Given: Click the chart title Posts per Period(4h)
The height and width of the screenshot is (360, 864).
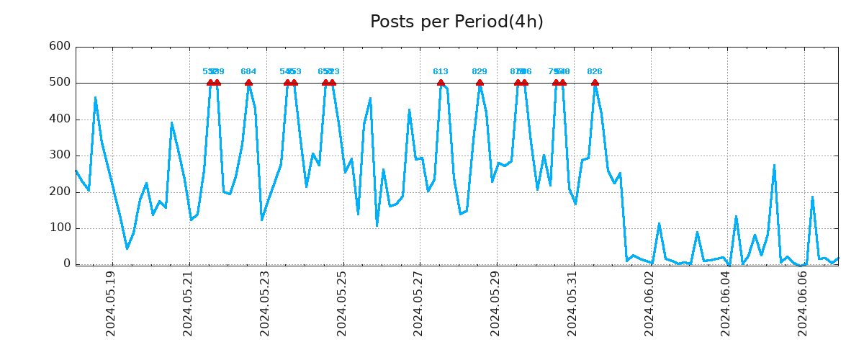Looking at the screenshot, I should (456, 22).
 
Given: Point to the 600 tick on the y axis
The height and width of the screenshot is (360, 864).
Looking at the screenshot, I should (59, 46).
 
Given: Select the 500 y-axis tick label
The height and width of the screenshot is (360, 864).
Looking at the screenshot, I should (59, 83).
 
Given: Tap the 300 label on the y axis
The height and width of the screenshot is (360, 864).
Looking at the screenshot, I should (59, 156).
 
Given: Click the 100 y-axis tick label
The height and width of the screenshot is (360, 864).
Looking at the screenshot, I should (59, 228).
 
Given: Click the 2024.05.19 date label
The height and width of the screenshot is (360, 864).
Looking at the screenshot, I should (111, 303).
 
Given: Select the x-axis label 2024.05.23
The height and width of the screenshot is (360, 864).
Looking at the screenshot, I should (265, 303).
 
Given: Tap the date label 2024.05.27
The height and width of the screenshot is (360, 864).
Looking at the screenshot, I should (419, 303).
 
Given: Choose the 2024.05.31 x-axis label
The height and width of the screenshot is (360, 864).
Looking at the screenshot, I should (573, 303).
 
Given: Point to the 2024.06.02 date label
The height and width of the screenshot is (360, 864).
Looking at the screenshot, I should (649, 303).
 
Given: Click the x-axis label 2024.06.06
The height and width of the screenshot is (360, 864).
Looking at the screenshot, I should (804, 303).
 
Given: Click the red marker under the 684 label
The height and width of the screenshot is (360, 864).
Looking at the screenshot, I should (248, 83).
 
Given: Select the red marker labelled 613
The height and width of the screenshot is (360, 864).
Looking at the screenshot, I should (441, 83).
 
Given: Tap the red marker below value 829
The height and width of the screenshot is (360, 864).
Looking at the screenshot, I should (480, 83).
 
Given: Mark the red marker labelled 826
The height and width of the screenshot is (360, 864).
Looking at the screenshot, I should (595, 83).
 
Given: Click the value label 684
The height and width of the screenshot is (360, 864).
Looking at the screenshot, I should (248, 72).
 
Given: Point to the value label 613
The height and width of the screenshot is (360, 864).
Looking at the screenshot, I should (441, 72).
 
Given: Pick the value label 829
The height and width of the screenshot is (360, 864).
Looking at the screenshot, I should (480, 72).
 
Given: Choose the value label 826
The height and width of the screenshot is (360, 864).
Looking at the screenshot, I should (595, 72).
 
